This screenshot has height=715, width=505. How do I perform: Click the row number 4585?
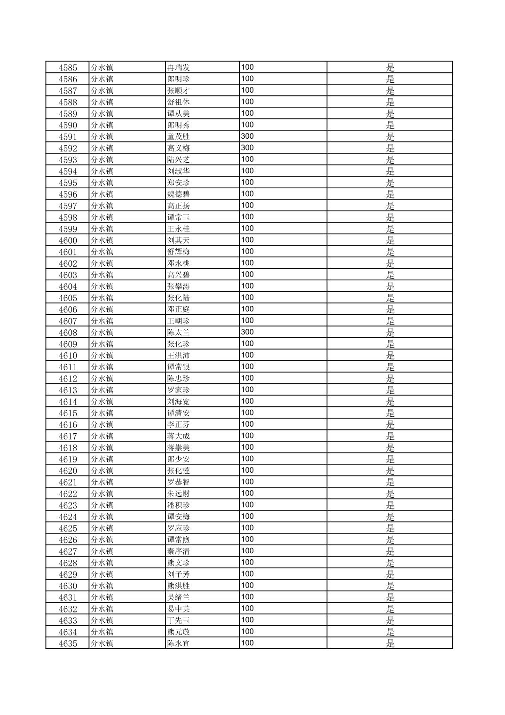pyautogui.click(x=68, y=68)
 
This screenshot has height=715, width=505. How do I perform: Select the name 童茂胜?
pyautogui.click(x=179, y=137)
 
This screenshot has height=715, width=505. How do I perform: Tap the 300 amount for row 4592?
pyautogui.click(x=247, y=148)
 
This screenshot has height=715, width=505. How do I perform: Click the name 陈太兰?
pyautogui.click(x=179, y=333)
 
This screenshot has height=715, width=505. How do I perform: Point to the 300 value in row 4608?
pyautogui.click(x=247, y=332)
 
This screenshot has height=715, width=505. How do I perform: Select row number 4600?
pyautogui.click(x=68, y=240)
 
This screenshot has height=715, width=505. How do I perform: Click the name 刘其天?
pyautogui.click(x=179, y=240)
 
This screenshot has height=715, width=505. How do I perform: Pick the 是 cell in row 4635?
pyautogui.click(x=390, y=643)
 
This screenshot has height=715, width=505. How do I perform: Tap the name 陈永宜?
pyautogui.click(x=179, y=643)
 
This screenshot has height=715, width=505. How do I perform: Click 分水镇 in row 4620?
pyautogui.click(x=102, y=471)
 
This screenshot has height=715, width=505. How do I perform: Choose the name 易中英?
pyautogui.click(x=179, y=609)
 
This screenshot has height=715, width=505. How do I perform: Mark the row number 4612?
pyautogui.click(x=68, y=379)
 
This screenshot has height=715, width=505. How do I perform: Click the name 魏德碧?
pyautogui.click(x=179, y=194)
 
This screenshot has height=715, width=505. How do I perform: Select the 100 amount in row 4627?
pyautogui.click(x=247, y=551)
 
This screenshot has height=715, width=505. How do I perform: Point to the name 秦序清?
pyautogui.click(x=179, y=551)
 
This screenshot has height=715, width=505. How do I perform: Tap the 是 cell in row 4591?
pyautogui.click(x=390, y=137)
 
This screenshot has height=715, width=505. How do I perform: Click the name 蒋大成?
pyautogui.click(x=179, y=436)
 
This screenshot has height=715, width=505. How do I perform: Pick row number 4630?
pyautogui.click(x=68, y=586)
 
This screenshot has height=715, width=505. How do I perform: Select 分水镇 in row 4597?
pyautogui.click(x=102, y=206)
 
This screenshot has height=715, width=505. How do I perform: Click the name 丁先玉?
pyautogui.click(x=179, y=620)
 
